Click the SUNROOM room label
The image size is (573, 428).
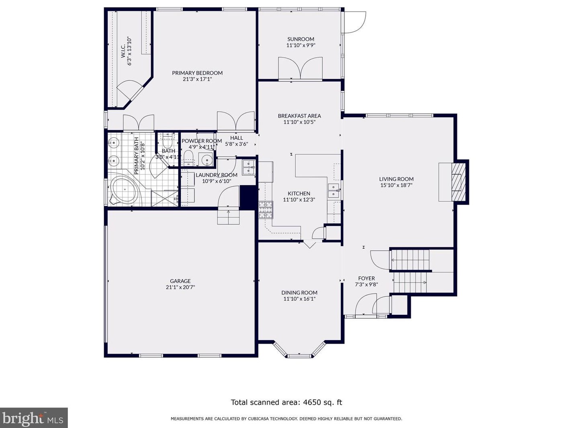point(301,39)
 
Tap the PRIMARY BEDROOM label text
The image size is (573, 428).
point(197,73)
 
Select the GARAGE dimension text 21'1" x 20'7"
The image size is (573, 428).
point(180,287)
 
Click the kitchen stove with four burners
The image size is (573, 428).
point(265,210)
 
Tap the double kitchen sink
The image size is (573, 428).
point(333,191)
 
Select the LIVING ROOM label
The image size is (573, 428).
point(396,179)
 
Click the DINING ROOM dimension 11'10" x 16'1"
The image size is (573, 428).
point(299,299)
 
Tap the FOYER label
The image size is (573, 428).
point(366,278)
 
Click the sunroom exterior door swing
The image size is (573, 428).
point(355,22)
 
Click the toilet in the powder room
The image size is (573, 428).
point(188,158)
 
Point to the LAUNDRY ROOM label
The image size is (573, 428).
point(216,175)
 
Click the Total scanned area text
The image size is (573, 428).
point(286,402)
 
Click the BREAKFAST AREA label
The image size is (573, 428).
point(299,116)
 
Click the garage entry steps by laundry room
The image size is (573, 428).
point(228,217)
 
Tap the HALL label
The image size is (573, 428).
point(236,138)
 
